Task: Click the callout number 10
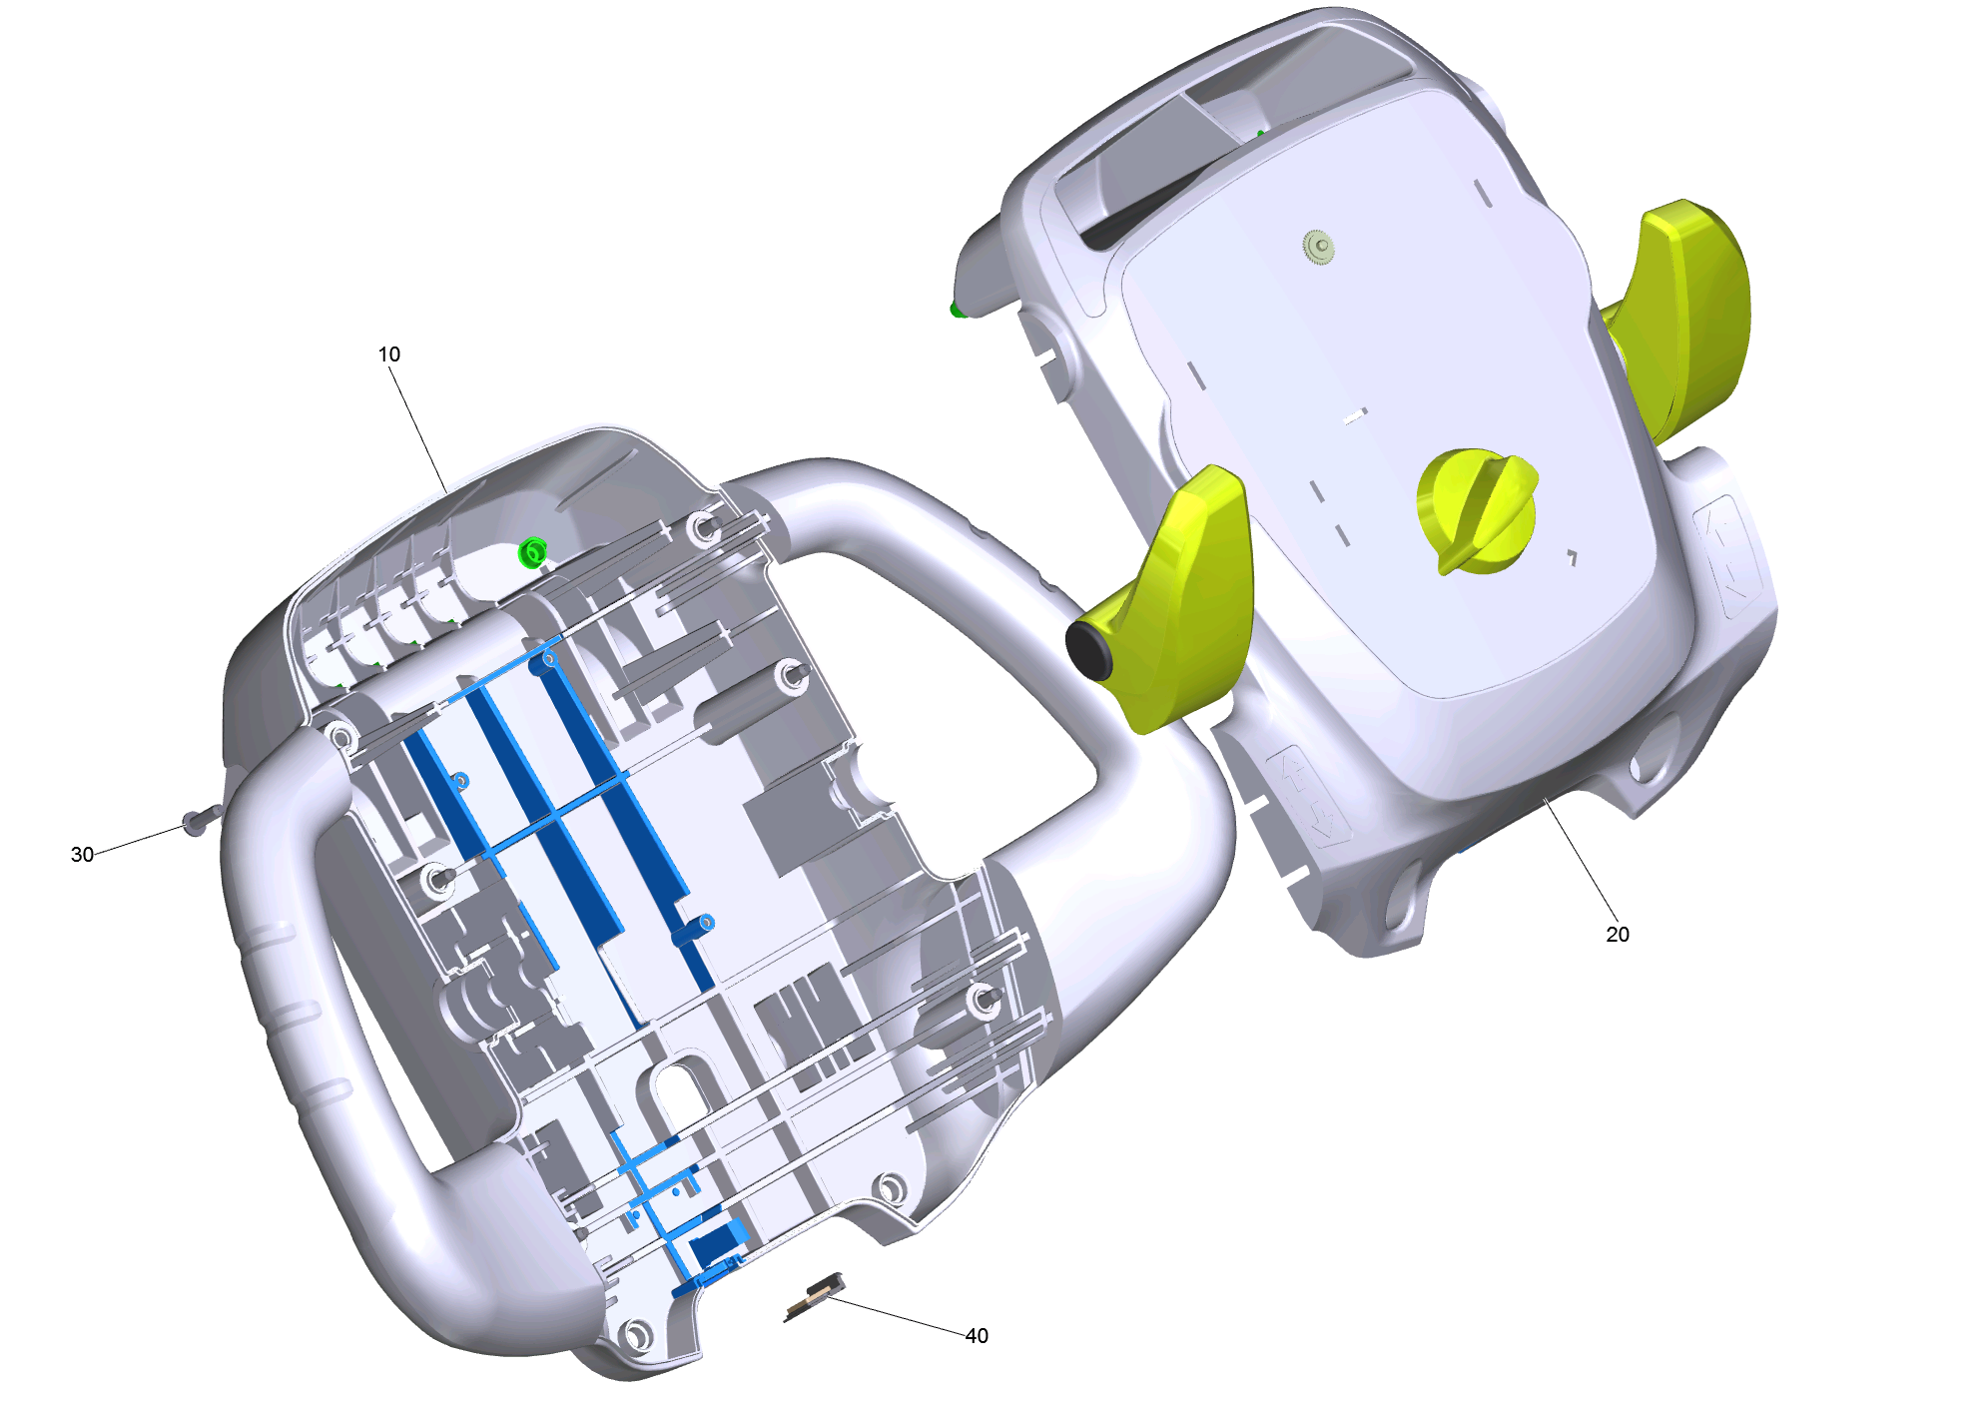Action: tap(388, 354)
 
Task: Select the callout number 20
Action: tap(1617, 935)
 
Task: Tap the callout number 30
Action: tap(82, 855)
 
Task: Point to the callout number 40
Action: tap(977, 1336)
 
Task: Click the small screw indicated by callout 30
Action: tap(198, 821)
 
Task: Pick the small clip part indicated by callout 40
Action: tap(813, 1298)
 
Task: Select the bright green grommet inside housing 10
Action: tap(532, 552)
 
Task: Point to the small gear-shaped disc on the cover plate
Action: tap(1319, 246)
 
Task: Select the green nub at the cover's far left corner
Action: tap(957, 310)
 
